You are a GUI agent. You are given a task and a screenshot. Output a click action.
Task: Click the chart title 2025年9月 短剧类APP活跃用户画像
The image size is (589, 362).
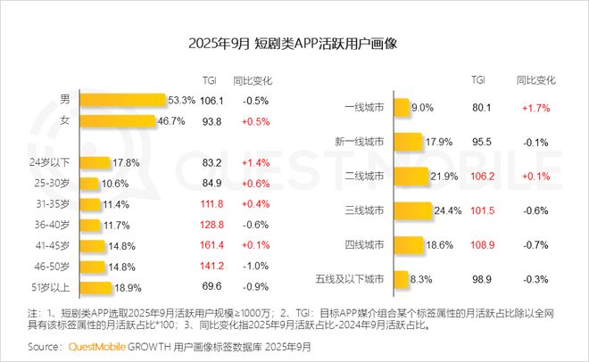[x=294, y=43]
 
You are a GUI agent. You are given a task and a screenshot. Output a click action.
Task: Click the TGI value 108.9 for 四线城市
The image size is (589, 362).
[x=483, y=245]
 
